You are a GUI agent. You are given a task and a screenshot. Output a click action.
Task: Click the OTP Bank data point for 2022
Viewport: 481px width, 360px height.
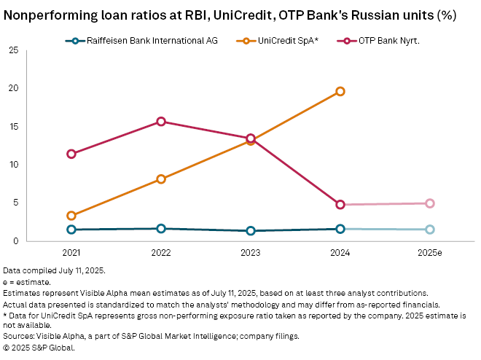[x=161, y=122]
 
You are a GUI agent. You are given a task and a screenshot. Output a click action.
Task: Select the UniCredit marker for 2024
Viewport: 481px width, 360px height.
[x=340, y=91]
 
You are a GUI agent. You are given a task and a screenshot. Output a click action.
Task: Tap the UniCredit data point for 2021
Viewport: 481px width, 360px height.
[x=71, y=216]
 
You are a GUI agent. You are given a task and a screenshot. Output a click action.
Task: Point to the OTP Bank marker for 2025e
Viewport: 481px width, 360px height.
[x=430, y=203]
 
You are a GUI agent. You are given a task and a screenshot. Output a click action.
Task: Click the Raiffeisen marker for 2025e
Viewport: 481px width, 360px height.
[x=430, y=230]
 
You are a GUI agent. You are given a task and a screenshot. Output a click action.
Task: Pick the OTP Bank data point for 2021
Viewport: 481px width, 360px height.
[x=71, y=154]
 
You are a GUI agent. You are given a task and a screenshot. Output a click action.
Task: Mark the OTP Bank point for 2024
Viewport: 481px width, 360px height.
[x=340, y=205]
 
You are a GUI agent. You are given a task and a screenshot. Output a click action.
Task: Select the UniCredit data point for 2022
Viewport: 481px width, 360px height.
[x=161, y=179]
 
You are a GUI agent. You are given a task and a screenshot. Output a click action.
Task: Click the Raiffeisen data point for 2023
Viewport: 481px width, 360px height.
[x=251, y=231]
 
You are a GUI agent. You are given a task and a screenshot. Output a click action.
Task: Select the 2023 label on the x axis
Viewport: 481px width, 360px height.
[x=251, y=252]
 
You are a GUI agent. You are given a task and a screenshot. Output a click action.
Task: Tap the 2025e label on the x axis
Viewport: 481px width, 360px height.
[x=430, y=252]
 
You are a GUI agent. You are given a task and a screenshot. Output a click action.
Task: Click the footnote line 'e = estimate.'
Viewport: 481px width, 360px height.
[x=27, y=281]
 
